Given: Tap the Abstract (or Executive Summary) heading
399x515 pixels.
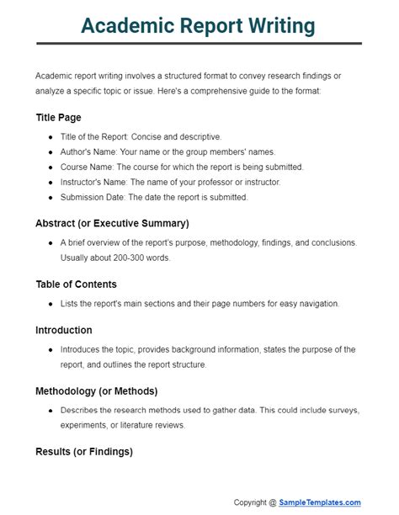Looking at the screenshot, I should (112, 223).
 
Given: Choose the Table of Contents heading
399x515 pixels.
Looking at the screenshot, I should (76, 284).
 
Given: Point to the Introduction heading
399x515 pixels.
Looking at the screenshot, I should (64, 330).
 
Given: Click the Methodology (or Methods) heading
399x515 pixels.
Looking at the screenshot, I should (97, 391).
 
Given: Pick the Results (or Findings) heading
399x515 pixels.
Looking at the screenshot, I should (84, 452).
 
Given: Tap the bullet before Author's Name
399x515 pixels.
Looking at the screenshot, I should (51, 152).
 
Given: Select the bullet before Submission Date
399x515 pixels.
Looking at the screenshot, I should (51, 198).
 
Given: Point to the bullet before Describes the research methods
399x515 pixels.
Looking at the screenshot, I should (51, 410).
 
